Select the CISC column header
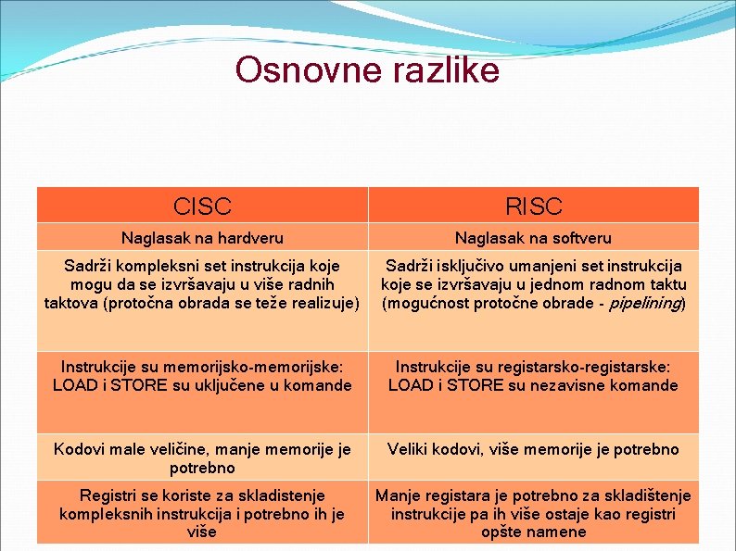pos(202,206)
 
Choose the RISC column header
pos(533,206)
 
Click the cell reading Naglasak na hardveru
pos(202,238)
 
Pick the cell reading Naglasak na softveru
pos(533,238)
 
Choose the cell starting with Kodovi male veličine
pos(202,458)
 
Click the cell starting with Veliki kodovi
pos(533,449)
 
